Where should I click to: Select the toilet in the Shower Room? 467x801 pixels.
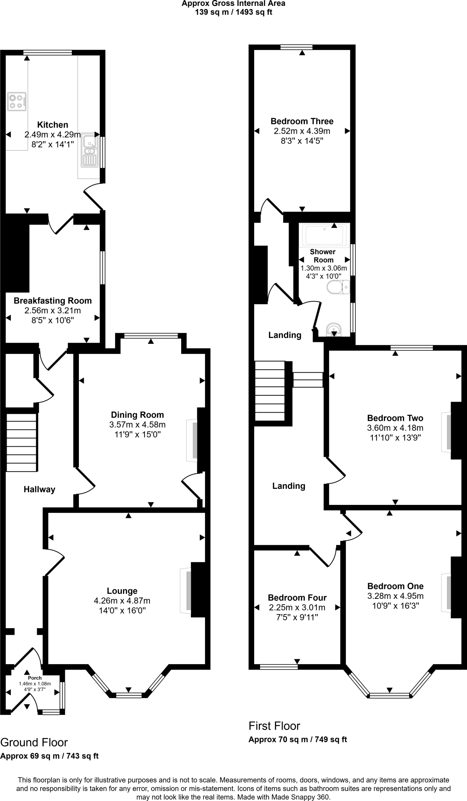tap(338, 287)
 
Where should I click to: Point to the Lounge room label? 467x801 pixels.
tap(122, 591)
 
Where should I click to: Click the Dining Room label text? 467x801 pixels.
tap(137, 415)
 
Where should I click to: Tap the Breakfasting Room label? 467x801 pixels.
tap(53, 301)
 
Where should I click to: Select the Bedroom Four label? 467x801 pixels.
tap(297, 598)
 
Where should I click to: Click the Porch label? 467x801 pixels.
tap(35, 678)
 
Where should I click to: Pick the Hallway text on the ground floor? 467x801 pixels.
tap(39, 489)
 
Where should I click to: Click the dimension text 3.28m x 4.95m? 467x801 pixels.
tap(395, 596)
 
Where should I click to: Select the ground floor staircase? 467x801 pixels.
tap(22, 443)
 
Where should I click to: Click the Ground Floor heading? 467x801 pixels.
tap(34, 742)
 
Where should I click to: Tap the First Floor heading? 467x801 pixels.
tap(274, 726)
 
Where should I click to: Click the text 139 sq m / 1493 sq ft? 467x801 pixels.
tap(233, 12)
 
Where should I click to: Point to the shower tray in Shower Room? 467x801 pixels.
tap(324, 235)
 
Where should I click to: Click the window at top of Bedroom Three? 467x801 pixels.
tap(296, 47)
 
